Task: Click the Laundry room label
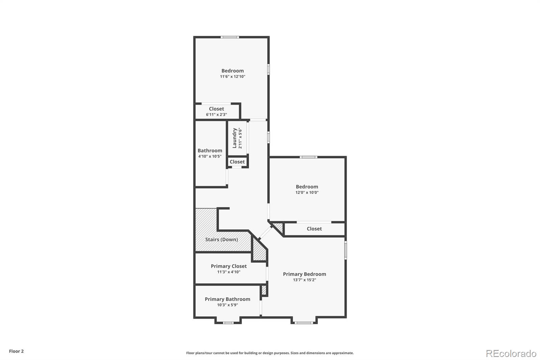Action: [234, 138]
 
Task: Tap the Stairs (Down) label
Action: [221, 239]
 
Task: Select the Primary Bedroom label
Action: [304, 274]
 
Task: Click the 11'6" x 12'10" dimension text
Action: [233, 76]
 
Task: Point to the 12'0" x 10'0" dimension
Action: [307, 192]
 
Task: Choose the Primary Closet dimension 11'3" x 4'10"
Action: [229, 272]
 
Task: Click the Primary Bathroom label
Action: [227, 299]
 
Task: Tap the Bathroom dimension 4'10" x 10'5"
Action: [210, 156]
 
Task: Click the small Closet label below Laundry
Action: [237, 162]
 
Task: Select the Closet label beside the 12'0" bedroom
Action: [314, 229]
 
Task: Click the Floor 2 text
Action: [17, 351]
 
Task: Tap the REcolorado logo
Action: [511, 354]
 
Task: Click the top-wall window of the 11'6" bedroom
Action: [230, 37]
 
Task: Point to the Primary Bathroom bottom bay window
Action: [228, 323]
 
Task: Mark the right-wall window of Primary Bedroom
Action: [346, 250]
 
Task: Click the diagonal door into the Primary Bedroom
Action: [265, 233]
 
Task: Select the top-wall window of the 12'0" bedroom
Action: [308, 157]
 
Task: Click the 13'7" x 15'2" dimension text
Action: [304, 280]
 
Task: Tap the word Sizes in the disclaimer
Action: [295, 353]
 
